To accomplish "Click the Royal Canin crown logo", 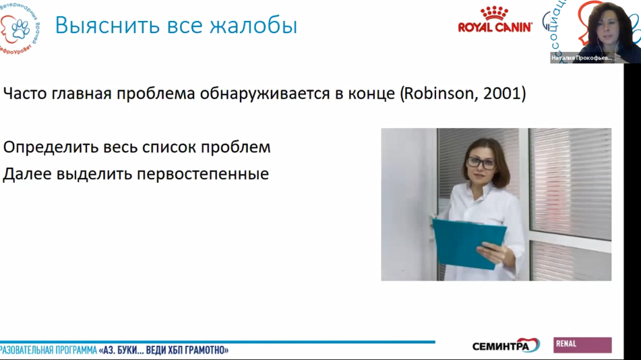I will click(494, 13).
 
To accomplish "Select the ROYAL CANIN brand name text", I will click(495, 28).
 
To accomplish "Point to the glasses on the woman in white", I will click(481, 162).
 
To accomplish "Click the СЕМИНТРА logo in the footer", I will click(506, 346).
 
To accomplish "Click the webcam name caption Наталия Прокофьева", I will click(582, 58).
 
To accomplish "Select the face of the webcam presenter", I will click(605, 26).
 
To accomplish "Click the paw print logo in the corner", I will click(21, 28).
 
